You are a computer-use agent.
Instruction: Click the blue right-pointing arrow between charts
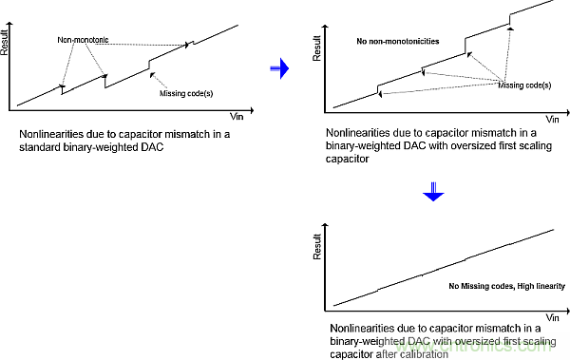click(x=279, y=68)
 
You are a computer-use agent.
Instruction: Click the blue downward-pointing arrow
click(x=433, y=192)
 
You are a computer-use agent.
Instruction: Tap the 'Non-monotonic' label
click(x=83, y=40)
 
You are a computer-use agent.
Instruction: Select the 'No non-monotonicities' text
click(x=398, y=41)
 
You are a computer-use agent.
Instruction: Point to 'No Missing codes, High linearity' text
click(x=506, y=286)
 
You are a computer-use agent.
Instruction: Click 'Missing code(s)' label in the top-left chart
click(x=186, y=93)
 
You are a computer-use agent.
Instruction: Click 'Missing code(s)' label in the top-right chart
click(x=524, y=85)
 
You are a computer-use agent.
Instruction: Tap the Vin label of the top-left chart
click(x=237, y=117)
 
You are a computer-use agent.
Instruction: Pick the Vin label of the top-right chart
click(x=552, y=120)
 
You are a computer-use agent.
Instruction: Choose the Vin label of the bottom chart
click(x=552, y=318)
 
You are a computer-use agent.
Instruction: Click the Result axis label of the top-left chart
click(x=4, y=44)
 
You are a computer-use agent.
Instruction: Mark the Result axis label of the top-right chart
click(x=317, y=48)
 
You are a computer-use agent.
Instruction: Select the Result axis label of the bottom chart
click(x=317, y=247)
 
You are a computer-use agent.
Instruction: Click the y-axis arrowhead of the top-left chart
click(x=9, y=24)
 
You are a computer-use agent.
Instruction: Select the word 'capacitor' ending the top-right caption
click(x=347, y=159)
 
